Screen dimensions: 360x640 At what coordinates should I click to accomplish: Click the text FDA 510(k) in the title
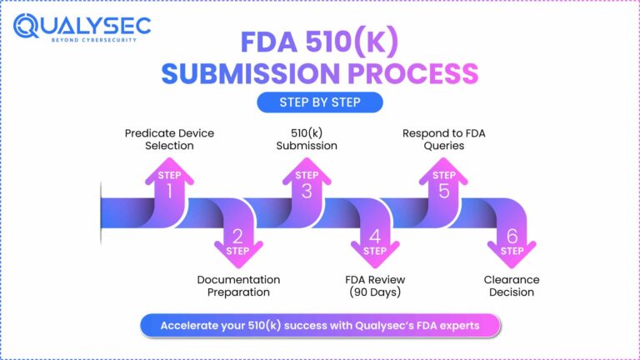tap(319, 42)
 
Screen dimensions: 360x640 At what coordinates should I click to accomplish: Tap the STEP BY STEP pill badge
tap(319, 102)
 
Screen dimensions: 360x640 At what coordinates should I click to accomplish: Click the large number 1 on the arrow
tap(171, 191)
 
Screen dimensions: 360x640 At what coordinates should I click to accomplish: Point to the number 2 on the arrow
tap(237, 235)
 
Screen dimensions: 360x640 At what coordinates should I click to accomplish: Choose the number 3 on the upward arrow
tap(307, 191)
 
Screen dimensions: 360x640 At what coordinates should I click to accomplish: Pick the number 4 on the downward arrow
tap(374, 235)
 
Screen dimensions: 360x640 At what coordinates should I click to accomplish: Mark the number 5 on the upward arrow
tap(443, 191)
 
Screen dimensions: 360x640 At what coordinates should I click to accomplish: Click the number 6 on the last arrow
tap(511, 235)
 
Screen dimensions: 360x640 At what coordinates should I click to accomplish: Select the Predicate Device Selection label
tap(159, 139)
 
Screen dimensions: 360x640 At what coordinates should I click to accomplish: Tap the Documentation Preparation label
tap(238, 286)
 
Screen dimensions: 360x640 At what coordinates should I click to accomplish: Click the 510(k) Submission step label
tap(307, 139)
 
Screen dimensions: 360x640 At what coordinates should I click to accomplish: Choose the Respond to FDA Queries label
tap(444, 139)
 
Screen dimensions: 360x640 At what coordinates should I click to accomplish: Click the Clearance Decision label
tap(512, 286)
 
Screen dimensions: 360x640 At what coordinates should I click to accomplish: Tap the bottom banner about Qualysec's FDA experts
tap(320, 325)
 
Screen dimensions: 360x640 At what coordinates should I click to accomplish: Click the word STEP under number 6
tap(511, 251)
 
